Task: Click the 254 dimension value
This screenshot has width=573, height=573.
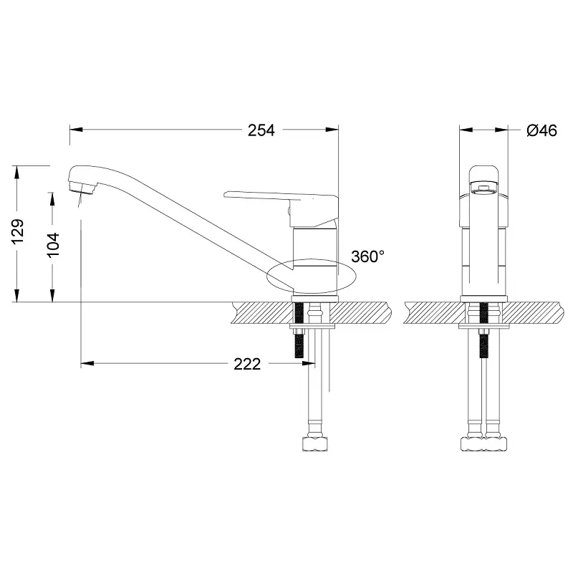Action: pyautogui.click(x=261, y=130)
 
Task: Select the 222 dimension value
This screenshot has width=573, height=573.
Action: pyautogui.click(x=247, y=365)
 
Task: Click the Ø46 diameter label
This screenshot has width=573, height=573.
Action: pyautogui.click(x=541, y=130)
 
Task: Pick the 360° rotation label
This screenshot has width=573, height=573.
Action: pyautogui.click(x=368, y=256)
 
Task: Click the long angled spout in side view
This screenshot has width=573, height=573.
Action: pyautogui.click(x=186, y=216)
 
